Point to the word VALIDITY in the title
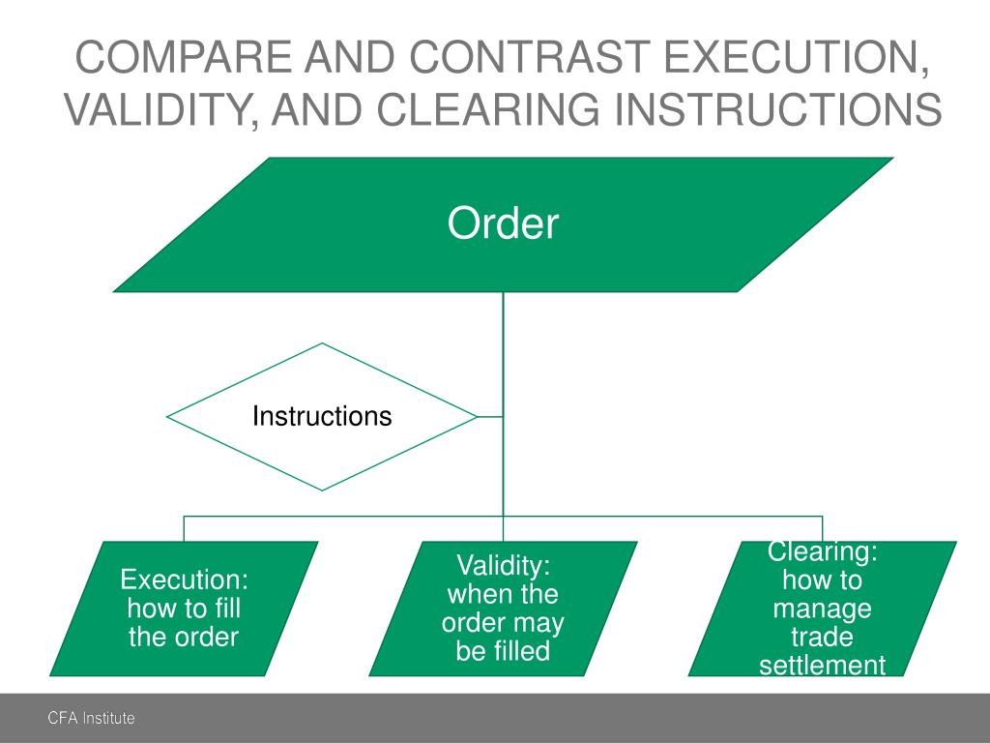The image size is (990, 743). (x=159, y=109)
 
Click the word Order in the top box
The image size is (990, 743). (x=503, y=224)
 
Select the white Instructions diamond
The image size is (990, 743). (x=322, y=417)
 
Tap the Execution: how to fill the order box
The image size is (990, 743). (x=184, y=608)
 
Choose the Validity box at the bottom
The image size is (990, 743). (x=503, y=608)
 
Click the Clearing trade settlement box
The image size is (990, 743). (x=822, y=608)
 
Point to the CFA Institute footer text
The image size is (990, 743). (x=92, y=718)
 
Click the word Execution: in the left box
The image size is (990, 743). (x=184, y=580)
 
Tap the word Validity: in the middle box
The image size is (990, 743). (x=503, y=566)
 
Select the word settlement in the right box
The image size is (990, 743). (x=822, y=666)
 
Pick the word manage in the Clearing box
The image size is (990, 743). (x=822, y=609)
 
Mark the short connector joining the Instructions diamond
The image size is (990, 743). (x=490, y=417)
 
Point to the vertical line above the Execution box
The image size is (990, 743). (x=184, y=528)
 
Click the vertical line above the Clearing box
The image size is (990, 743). (x=822, y=528)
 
